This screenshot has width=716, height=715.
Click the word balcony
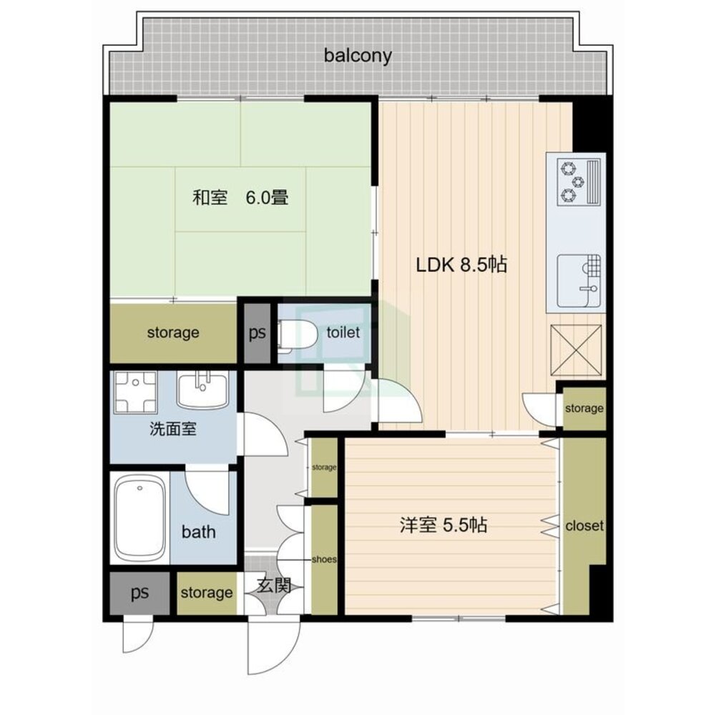point(358,56)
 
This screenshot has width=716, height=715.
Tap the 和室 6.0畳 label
point(240,198)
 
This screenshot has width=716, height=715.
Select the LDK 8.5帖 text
point(461,265)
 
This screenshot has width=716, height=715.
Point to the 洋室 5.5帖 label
point(443,525)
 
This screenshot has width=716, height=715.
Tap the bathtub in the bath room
point(139,518)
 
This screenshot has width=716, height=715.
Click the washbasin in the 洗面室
point(203,390)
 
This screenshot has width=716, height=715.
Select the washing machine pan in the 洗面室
point(135,391)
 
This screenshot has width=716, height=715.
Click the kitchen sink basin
point(579,280)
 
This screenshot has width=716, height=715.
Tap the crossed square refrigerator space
point(576,350)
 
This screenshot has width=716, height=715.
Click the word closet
point(584,526)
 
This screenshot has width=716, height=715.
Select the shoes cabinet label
point(324,559)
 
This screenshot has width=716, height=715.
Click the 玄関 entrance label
point(274,585)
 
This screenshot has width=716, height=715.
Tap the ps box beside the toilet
point(257,332)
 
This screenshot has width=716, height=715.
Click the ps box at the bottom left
point(139,593)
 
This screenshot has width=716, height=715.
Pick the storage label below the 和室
point(173,332)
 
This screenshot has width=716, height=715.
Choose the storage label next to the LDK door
point(584,408)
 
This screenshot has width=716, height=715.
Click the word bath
point(199,532)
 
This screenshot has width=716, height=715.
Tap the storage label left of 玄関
point(207,593)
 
